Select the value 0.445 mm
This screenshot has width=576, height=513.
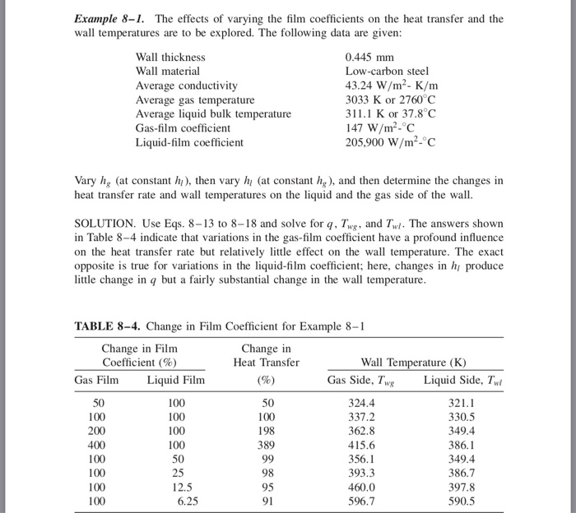pyautogui.click(x=369, y=57)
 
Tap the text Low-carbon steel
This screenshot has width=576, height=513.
pyautogui.click(x=387, y=72)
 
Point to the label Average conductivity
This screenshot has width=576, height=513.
pyautogui.click(x=186, y=85)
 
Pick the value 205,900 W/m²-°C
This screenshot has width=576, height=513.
pyautogui.click(x=393, y=142)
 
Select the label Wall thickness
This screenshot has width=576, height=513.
pyautogui.click(x=170, y=57)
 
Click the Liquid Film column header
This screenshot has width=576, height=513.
pyautogui.click(x=176, y=380)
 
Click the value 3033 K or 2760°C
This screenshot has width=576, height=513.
pyautogui.click(x=391, y=99)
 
